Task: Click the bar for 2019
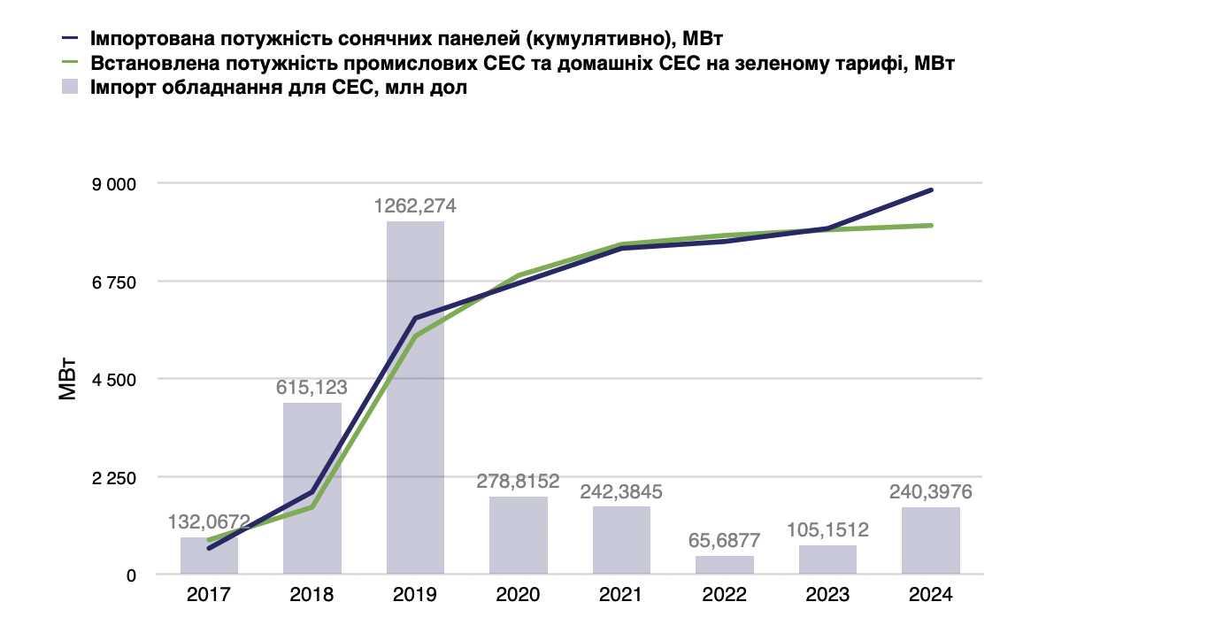pos(415,398)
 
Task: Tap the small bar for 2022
pos(725,565)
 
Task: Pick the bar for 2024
pos(931,541)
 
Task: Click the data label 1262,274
pos(415,206)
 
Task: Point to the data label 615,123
pos(312,388)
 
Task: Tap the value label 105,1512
pos(827,530)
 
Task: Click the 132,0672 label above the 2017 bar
pos(209,522)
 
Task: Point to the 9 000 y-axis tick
pos(114,184)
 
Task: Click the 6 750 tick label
pos(114,282)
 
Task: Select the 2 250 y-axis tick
pos(114,477)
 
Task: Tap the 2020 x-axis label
pos(519,595)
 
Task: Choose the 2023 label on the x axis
pos(827,595)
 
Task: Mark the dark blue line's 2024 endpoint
pos(932,189)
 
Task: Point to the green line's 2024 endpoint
pos(932,225)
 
